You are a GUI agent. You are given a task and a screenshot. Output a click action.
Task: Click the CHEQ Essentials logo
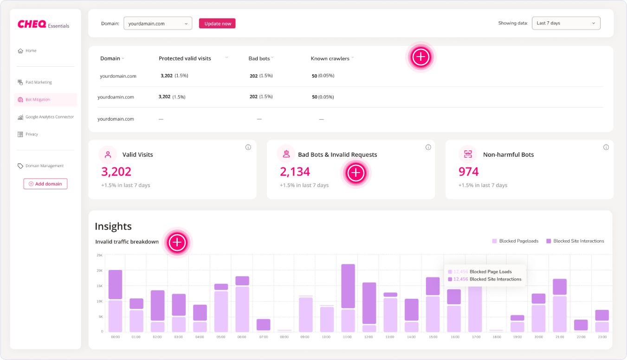[x=43, y=24]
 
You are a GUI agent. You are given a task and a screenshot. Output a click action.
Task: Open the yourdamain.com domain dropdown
[x=158, y=24]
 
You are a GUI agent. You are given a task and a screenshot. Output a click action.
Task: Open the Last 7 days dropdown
[x=566, y=23]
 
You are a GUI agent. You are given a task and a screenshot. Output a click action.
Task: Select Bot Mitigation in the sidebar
[x=38, y=100]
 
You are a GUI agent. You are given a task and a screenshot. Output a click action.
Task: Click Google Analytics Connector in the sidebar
[x=49, y=117]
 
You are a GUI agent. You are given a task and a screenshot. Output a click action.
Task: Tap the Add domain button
[x=45, y=184]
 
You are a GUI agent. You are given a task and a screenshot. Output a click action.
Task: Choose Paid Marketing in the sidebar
[x=39, y=82]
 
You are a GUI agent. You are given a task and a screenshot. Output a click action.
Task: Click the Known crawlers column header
[x=330, y=58]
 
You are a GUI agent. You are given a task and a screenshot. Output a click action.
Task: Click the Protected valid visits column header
[x=185, y=58]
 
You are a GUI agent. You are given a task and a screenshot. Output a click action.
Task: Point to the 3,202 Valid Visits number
[x=116, y=172]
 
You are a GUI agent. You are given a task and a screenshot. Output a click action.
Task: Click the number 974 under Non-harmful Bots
[x=468, y=172]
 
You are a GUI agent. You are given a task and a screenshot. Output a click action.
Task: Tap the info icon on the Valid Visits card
[x=248, y=147]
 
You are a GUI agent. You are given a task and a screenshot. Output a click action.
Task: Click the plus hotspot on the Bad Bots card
[x=356, y=173]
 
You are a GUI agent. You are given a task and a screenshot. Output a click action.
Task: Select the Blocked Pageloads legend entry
[x=515, y=241]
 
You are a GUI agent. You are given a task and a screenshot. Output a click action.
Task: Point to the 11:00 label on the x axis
[x=348, y=337]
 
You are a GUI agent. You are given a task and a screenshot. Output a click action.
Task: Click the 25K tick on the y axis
[x=99, y=255]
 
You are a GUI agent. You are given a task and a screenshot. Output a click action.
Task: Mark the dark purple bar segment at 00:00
[x=115, y=284]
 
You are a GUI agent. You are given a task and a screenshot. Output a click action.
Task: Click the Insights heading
[x=113, y=226]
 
